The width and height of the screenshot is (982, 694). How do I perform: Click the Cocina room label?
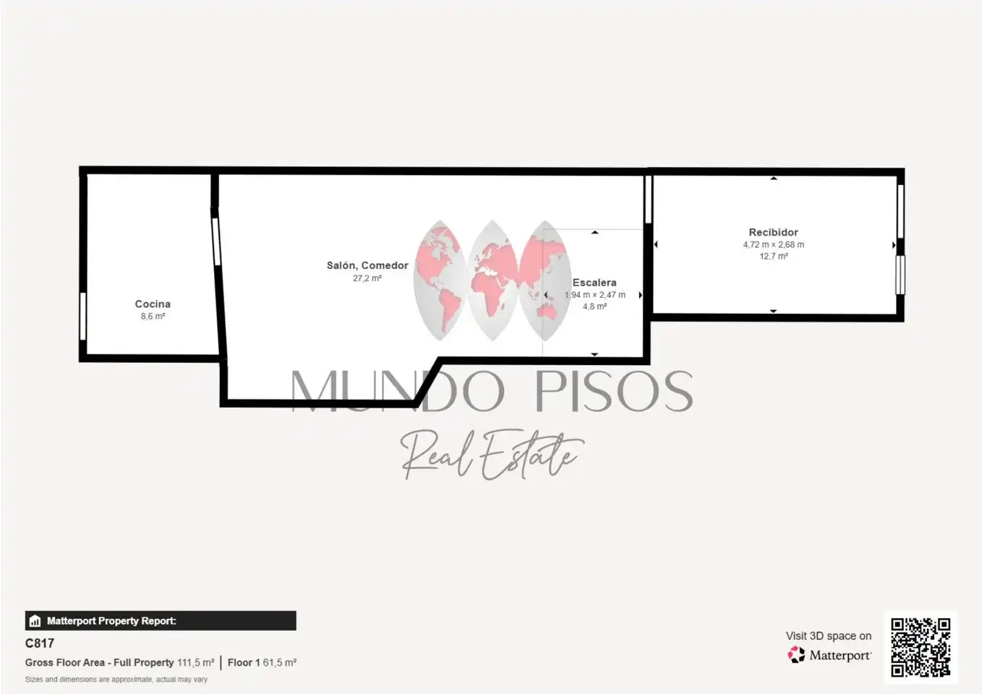point(153,304)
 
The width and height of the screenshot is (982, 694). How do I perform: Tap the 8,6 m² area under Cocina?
point(153,317)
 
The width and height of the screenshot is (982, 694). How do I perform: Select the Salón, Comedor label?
point(367,265)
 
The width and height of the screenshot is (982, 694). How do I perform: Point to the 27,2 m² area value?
point(367,278)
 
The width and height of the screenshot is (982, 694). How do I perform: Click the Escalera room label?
point(594,283)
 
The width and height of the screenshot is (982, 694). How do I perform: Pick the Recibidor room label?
point(773,232)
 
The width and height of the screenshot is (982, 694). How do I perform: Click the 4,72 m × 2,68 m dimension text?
point(773,244)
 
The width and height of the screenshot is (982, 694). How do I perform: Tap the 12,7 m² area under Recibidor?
point(773,256)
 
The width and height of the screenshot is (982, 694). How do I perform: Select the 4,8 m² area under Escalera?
point(594,307)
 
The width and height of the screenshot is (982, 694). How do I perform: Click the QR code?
point(921,647)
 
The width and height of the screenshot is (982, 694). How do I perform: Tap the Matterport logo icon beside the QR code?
point(796,655)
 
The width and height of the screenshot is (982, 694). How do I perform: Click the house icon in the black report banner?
point(35,621)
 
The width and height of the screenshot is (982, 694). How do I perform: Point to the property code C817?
point(40,643)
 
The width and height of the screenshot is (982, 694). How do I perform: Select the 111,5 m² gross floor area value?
point(195,662)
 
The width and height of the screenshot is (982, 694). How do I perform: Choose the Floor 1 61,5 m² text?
point(262,662)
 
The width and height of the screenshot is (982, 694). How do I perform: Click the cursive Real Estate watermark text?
point(491,454)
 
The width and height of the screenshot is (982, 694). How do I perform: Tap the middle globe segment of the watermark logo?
point(492,280)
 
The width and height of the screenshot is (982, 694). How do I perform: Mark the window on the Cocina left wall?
point(83,316)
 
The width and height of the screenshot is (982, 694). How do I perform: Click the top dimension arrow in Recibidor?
point(774,179)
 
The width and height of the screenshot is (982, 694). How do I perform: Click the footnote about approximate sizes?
point(116,680)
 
